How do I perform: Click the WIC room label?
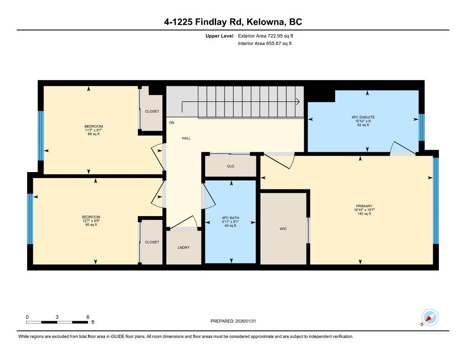[283, 229]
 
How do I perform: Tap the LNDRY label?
[183, 247]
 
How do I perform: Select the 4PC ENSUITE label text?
[363, 117]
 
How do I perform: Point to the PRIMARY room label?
[364, 206]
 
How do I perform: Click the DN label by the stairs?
[172, 122]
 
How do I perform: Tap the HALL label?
[186, 138]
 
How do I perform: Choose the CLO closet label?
[231, 166]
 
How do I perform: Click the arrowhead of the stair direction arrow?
[298, 102]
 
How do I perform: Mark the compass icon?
[430, 317]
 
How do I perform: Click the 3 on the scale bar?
[57, 317]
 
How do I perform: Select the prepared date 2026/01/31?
[246, 321]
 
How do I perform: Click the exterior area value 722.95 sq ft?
[280, 36]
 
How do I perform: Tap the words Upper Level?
[219, 36]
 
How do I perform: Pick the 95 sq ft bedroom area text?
[91, 225]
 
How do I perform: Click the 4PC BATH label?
[230, 218]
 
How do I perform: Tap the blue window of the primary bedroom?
[436, 201]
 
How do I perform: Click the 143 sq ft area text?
[364, 214]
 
